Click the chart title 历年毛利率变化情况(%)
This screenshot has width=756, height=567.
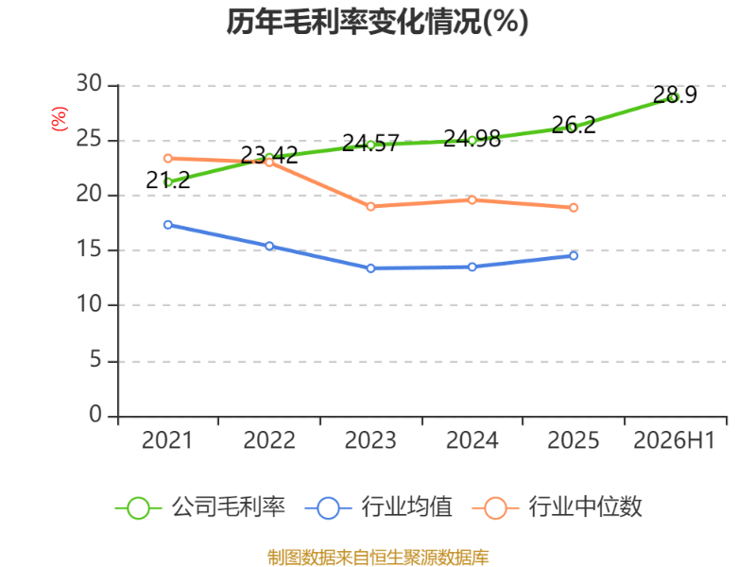tap(377, 22)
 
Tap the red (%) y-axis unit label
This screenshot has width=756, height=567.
tap(59, 119)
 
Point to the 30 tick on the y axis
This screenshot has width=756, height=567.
tap(89, 84)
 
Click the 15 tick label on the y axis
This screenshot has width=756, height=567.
tap(89, 249)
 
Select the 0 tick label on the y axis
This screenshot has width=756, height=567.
tap(96, 414)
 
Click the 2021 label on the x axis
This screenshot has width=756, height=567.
tap(167, 440)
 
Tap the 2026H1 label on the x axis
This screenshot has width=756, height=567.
tap(674, 440)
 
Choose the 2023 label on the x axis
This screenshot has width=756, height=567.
tap(370, 440)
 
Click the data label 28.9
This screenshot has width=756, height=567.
tap(675, 94)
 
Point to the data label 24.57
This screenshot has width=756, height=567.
tap(370, 144)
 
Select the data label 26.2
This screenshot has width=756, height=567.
tap(574, 125)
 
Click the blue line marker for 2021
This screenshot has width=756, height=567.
tap(168, 225)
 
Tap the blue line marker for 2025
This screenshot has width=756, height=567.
tap(574, 255)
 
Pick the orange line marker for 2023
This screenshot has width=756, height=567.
tap(370, 206)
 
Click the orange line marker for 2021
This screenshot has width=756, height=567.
tap(168, 158)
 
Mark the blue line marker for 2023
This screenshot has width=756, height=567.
tap(370, 268)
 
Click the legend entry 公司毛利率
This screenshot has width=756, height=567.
tap(200, 507)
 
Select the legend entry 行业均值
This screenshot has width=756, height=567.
tap(379, 507)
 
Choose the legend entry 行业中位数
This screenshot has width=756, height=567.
tap(558, 507)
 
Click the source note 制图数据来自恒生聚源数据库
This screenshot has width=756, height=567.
tap(378, 558)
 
